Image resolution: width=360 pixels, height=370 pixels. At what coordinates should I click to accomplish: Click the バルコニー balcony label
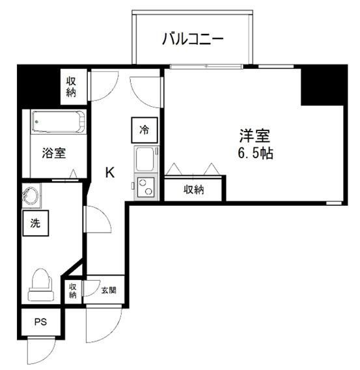click(x=193, y=40)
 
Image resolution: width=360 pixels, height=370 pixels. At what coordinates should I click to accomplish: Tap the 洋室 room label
click(x=254, y=137)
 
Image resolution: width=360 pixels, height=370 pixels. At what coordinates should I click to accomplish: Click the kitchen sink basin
click(x=143, y=159)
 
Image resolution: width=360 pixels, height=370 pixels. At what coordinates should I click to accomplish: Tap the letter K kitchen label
click(x=111, y=173)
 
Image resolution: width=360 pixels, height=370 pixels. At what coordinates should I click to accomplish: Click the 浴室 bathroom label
click(x=54, y=153)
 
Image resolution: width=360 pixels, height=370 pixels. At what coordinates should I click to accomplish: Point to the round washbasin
click(x=31, y=195)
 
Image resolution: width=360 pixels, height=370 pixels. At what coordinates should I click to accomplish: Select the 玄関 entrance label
click(x=109, y=290)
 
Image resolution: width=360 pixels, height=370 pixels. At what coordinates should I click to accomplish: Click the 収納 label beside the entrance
click(x=73, y=291)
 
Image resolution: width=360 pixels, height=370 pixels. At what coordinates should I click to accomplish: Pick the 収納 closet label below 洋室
click(x=193, y=190)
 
